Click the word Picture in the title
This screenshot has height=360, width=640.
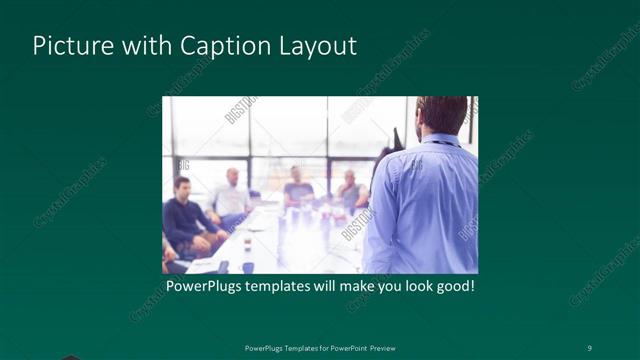(67, 46)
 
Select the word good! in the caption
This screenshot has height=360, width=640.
(451, 287)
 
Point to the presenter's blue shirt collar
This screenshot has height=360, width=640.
(440, 141)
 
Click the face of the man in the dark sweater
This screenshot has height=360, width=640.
(183, 187)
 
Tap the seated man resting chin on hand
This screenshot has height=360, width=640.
(351, 187)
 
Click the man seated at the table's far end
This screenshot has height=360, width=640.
(297, 184)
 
